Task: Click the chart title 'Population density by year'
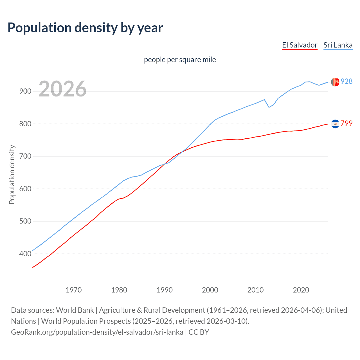85,28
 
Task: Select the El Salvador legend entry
300,45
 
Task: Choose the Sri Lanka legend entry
338,45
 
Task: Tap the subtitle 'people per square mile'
180,60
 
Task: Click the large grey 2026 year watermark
62,89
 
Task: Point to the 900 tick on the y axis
25,91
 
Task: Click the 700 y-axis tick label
25,156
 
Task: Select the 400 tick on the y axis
25,254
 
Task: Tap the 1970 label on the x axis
74,290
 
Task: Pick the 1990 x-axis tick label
165,290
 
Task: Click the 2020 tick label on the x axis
301,290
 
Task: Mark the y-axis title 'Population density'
12,174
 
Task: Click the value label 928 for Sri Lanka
346,81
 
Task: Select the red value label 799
346,123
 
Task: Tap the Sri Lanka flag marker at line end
335,82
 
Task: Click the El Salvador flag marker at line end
335,124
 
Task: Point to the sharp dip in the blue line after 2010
269,107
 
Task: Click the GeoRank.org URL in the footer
97,332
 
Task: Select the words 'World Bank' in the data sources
75,310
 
